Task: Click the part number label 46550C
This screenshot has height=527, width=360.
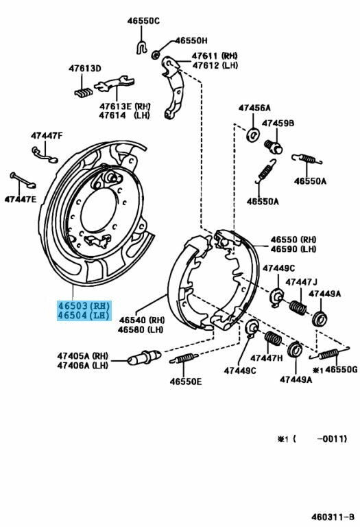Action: tap(143, 21)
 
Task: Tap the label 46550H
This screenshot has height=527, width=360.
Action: tap(191, 40)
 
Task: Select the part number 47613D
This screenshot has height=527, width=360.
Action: tap(84, 68)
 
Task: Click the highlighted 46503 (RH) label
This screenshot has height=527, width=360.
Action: tap(84, 306)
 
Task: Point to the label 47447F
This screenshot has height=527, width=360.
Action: tap(47, 136)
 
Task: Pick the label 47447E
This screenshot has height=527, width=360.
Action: tap(20, 199)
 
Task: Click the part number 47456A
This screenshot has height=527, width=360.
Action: tap(254, 108)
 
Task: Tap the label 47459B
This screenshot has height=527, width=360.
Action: tap(278, 124)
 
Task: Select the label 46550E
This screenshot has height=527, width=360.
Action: tap(186, 382)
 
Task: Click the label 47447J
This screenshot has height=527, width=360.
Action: tap(301, 281)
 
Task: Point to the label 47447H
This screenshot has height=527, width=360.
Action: tap(267, 358)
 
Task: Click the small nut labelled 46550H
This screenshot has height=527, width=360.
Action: tap(155, 54)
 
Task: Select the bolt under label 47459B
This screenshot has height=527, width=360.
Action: tap(274, 147)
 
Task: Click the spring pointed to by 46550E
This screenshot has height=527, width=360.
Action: tap(184, 358)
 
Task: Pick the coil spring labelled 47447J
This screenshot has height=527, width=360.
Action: tap(298, 307)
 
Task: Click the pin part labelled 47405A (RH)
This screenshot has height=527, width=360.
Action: tap(144, 357)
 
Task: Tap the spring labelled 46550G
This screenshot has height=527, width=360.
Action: tap(330, 353)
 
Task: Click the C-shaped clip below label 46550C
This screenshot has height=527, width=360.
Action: tap(142, 47)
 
